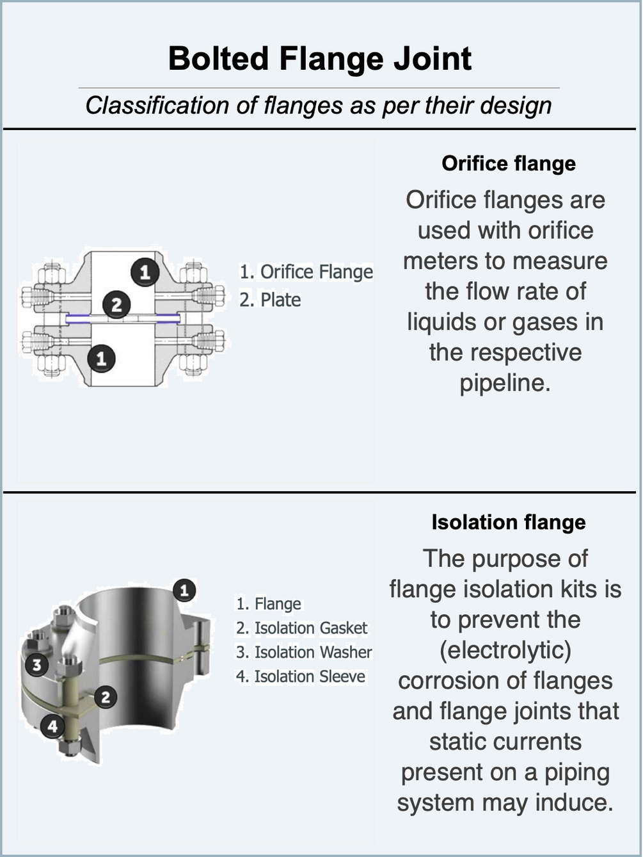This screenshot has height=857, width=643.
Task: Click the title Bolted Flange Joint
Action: coord(320,58)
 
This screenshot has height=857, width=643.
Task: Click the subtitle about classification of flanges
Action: coord(319,106)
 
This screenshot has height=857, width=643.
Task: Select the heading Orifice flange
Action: coord(509,163)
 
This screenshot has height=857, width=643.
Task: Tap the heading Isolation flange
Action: coord(509,522)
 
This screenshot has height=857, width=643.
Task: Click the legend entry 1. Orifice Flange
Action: coord(306,272)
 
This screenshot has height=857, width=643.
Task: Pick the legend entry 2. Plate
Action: coord(270,300)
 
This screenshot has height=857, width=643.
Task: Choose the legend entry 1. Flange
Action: coord(269,603)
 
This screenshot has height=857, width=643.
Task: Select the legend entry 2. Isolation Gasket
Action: coord(302,628)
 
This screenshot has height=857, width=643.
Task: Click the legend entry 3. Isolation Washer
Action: coord(304,652)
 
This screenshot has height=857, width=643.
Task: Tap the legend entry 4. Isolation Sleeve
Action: coord(301,676)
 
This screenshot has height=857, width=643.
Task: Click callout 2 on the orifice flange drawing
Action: coord(116,304)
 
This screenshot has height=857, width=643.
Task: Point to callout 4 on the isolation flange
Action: coord(52,726)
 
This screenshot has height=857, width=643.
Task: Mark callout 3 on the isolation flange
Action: coord(37,664)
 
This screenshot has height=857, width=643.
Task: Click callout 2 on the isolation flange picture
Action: coord(106,698)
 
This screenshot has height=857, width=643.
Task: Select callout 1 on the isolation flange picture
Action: coord(184,590)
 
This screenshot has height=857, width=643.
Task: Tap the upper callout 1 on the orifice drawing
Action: coord(145,272)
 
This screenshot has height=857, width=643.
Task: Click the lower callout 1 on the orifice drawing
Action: coord(101,359)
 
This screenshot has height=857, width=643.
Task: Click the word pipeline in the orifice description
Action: coord(505,383)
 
